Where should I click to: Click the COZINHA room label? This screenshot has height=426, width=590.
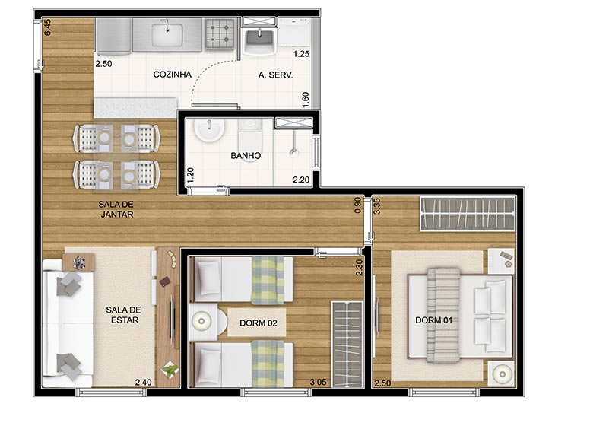pos(173,74)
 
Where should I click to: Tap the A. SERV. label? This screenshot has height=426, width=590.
pos(275,75)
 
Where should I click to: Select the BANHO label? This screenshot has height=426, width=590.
pos(246,155)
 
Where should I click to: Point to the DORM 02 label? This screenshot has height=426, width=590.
pos(259,323)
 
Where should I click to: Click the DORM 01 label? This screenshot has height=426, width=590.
pos(434,320)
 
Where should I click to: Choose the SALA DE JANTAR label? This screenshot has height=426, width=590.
pos(116,209)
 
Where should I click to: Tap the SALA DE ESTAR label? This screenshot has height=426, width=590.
pos(123,315)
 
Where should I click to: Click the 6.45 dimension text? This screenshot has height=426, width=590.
pos(47,27)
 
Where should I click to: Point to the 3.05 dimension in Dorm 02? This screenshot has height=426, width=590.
pos(318,383)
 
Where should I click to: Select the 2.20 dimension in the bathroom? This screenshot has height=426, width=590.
pos(301,180)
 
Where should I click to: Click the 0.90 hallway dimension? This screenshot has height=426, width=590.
pos(358,205)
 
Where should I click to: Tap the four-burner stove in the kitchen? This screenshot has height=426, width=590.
pos(220,34)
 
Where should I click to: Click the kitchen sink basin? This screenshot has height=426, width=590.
pos(167,33)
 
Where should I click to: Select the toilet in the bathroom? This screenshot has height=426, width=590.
pos(249,138)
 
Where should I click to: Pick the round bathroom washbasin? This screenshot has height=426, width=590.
pos(209,130)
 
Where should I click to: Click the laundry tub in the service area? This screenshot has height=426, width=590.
pos(259,40)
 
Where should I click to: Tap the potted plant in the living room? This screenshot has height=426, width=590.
pos(170,370)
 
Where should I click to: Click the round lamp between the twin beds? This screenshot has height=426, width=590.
pos(201,321)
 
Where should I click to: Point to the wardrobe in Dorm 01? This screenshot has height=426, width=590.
pos(468,213)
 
